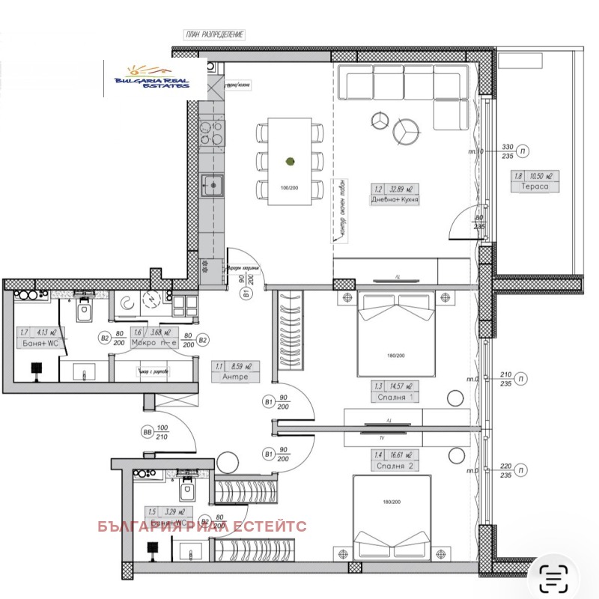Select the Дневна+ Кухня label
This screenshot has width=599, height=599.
click(395, 200)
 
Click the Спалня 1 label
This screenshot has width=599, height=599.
click(394, 397)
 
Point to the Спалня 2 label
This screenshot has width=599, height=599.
click(394, 466)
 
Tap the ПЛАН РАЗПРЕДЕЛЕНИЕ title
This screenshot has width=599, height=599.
click(215, 35)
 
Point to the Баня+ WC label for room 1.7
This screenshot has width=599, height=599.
click(36, 343)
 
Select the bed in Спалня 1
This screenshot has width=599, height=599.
click(395, 333)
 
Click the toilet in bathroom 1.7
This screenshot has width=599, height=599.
click(84, 309)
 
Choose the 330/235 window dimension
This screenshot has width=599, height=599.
click(507, 150)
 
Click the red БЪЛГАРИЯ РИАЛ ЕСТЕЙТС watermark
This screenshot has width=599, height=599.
click(202, 526)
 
